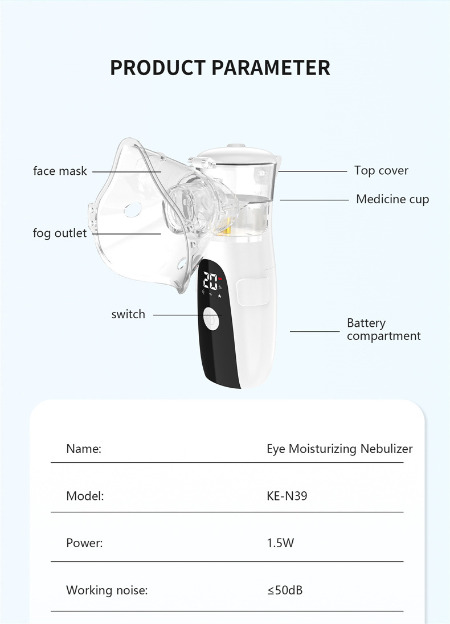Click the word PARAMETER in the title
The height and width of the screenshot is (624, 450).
pos(271,67)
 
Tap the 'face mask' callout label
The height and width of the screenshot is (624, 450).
pos(60,171)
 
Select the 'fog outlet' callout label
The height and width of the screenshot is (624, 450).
pos(60,233)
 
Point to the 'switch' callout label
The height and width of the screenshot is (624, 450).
pos(128,314)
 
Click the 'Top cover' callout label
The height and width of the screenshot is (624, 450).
pos(381,170)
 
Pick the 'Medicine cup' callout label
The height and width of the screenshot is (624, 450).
pos(392,199)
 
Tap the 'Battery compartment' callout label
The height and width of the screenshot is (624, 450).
pos(383,330)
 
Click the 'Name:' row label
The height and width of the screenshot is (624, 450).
pos(84,449)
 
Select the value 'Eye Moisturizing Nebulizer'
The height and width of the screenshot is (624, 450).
pos(339,449)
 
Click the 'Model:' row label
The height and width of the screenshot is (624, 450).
pos(85,496)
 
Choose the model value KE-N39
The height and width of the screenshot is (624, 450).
pos(287,496)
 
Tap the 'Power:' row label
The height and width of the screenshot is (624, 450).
pos(84,543)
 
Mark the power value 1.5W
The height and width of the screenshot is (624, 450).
pos(280,543)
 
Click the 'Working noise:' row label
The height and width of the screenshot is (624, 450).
pos(107,590)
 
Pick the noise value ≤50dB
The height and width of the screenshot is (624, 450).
pos(285,590)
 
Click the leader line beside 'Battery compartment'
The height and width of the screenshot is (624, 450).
pos(314,331)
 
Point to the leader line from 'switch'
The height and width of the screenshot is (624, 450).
pos(177,315)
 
